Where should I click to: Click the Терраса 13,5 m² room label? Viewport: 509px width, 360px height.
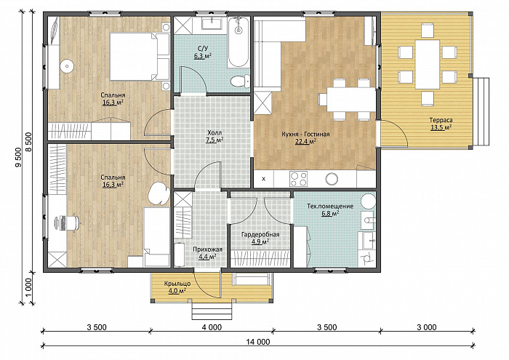pyautogui.click(x=441, y=124)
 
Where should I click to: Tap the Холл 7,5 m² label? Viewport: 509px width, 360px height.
pyautogui.click(x=215, y=136)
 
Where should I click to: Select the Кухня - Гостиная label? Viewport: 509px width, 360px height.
pyautogui.click(x=305, y=134)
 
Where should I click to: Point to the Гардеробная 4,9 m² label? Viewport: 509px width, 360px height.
pyautogui.click(x=260, y=238)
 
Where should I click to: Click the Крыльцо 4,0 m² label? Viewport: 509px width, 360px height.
pyautogui.click(x=177, y=287)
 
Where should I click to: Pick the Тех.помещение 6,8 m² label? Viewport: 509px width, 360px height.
pyautogui.click(x=330, y=209)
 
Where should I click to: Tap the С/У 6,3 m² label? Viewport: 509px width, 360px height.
pyautogui.click(x=203, y=52)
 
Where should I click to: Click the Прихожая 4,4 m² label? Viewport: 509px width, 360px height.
pyautogui.click(x=207, y=253)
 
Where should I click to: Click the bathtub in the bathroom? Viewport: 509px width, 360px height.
pyautogui.click(x=239, y=42)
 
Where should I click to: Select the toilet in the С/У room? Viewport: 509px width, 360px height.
pyautogui.click(x=240, y=81)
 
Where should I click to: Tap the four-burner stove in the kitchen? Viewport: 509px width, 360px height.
pyautogui.click(x=299, y=179)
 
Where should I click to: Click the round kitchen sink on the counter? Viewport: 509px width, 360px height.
pyautogui.click(x=332, y=178)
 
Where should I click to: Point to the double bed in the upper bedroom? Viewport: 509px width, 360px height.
pyautogui.click(x=140, y=56)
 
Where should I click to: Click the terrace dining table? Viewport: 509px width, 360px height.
pyautogui.click(x=428, y=64)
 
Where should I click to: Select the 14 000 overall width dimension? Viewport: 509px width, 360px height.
pyautogui.click(x=258, y=342)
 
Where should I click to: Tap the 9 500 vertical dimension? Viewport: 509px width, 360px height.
pyautogui.click(x=18, y=157)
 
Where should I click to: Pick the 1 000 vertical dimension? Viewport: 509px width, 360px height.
pyautogui.click(x=28, y=287)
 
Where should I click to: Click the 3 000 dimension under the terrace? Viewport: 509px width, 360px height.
pyautogui.click(x=427, y=327)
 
